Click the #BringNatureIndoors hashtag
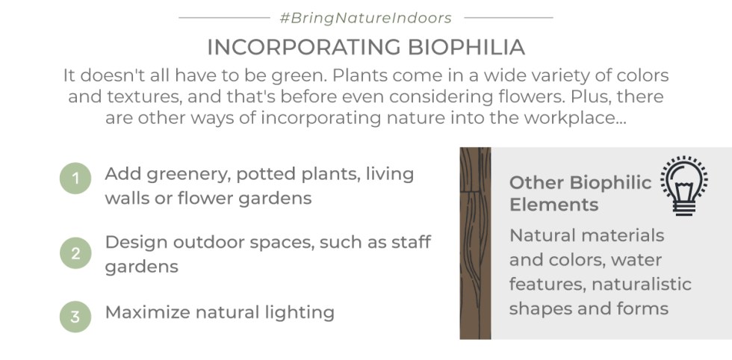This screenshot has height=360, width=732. [x=365, y=18]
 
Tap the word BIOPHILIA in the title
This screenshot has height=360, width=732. [x=467, y=48]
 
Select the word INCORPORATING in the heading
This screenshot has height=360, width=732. [x=304, y=48]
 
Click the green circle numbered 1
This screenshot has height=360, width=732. [x=75, y=179]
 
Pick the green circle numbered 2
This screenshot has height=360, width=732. [x=75, y=253]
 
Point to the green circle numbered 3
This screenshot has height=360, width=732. [x=75, y=317]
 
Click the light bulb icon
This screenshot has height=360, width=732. [x=684, y=186]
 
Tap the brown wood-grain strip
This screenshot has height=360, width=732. [x=475, y=243]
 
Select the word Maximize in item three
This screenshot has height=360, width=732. [x=148, y=312]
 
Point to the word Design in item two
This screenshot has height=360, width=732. [x=135, y=243]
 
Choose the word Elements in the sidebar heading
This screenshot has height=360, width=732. [x=553, y=205]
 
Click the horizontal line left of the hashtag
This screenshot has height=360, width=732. [x=225, y=18]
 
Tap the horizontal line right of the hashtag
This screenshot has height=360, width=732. [x=509, y=18]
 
